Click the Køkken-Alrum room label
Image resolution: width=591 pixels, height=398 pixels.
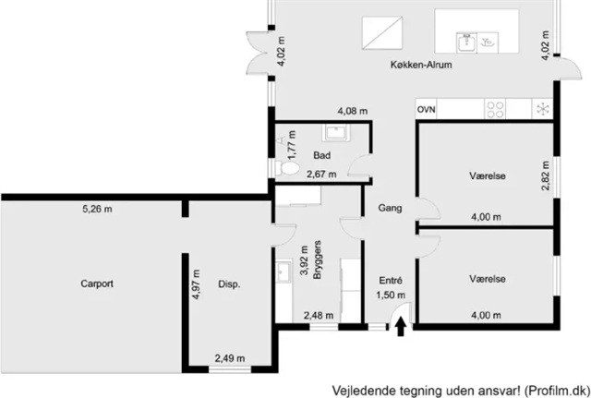click(421, 65)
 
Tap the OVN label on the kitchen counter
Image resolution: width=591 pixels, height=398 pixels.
click(426, 110)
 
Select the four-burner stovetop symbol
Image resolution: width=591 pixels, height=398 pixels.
click(495, 110)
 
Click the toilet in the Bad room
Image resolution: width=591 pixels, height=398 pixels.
click(287, 168)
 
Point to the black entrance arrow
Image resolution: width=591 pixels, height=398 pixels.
click(400, 326)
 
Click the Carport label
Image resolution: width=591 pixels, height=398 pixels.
click(97, 283)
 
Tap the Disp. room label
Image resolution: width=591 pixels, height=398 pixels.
click(229, 284)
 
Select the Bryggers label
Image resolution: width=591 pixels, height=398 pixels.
click(318, 259)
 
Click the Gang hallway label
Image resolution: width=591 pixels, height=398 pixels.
click(390, 208)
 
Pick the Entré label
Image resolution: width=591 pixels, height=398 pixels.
click(391, 281)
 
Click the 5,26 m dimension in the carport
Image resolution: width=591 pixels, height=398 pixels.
click(97, 209)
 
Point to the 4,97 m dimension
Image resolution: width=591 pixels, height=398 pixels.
click(196, 284)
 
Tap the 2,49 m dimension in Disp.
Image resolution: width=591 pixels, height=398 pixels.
click(230, 358)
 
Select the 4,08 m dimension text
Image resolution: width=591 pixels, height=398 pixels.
click(353, 111)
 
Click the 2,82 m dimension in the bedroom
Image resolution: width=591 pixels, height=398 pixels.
click(546, 175)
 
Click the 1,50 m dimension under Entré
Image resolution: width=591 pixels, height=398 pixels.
click(391, 295)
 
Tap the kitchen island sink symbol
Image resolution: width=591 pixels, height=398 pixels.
click(466, 42)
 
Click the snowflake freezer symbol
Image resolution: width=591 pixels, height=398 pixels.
click(543, 109)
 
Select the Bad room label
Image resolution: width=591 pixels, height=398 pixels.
click(322, 155)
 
